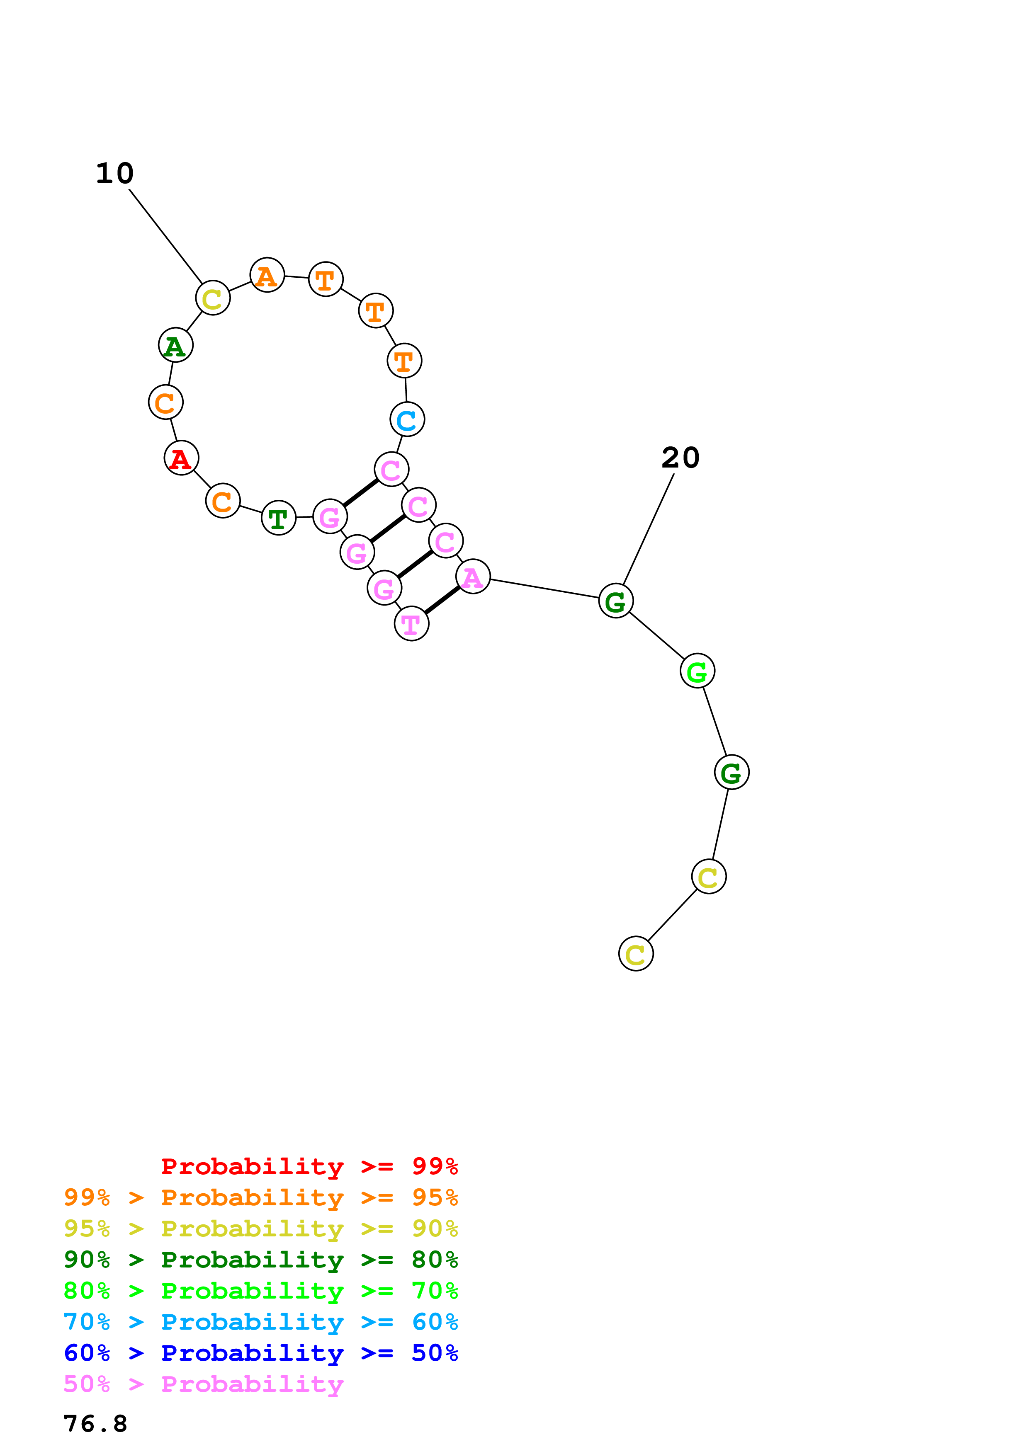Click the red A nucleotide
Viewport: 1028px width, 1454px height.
[x=181, y=458]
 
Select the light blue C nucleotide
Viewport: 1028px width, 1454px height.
[x=407, y=419]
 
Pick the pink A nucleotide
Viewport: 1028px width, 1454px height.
[x=472, y=577]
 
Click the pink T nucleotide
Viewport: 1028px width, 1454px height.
[x=411, y=624]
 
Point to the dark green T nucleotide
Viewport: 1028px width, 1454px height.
[x=278, y=518]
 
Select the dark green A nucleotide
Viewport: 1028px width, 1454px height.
[x=175, y=345]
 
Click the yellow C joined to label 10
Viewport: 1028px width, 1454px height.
[x=212, y=298]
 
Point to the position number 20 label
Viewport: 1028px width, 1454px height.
[x=680, y=457]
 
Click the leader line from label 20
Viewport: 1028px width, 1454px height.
[x=649, y=529]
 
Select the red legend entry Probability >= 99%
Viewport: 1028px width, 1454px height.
[x=309, y=1166]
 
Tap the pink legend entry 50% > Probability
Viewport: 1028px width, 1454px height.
[x=203, y=1384]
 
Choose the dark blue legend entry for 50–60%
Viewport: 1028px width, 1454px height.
[x=260, y=1353]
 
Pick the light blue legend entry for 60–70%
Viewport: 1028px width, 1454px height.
[x=260, y=1322]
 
